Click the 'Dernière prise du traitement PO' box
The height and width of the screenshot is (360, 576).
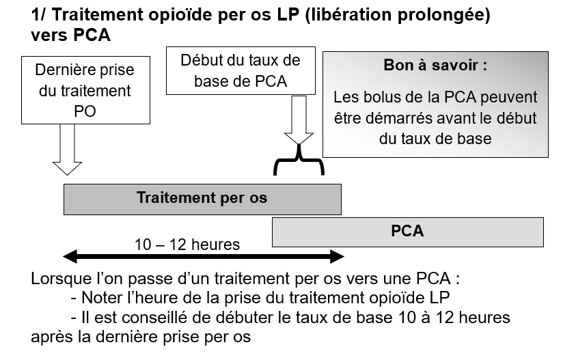coord(85,90)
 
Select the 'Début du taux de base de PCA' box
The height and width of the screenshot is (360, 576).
coord(241,70)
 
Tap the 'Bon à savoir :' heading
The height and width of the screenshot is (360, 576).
coord(435,66)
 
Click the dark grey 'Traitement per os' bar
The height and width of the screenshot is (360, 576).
coord(202,199)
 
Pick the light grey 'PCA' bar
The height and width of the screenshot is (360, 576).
coord(408,232)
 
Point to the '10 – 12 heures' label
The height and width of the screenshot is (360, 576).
coord(187,245)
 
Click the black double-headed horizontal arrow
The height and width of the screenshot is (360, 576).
coord(204,256)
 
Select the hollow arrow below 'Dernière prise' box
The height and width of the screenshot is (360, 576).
coord(67,150)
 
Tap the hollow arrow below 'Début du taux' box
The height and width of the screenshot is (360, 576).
coord(299,120)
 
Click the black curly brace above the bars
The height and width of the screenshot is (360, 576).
coord(299,160)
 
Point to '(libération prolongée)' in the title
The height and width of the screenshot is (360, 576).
coord(398,16)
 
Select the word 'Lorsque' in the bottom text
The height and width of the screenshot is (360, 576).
coord(61,279)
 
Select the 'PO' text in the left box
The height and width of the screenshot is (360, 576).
coord(85,111)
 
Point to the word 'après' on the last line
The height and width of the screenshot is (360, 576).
coord(49,337)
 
